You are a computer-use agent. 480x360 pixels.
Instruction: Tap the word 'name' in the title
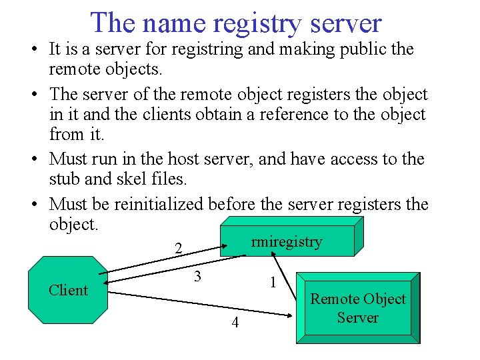pyautogui.click(x=175, y=23)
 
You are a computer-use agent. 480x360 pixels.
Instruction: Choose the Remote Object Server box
pyautogui.click(x=357, y=308)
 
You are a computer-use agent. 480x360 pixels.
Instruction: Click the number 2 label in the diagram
pyautogui.click(x=178, y=248)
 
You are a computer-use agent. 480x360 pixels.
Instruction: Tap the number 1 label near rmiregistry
pyautogui.click(x=273, y=282)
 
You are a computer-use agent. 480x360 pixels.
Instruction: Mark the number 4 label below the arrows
pyautogui.click(x=235, y=323)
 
